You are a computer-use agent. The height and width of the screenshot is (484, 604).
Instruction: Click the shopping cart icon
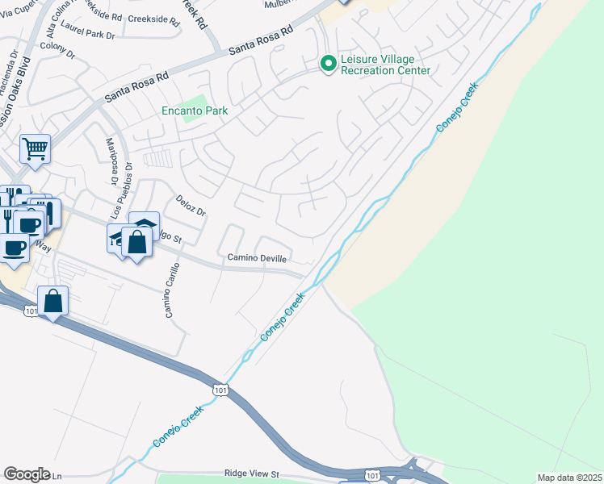click(35, 148)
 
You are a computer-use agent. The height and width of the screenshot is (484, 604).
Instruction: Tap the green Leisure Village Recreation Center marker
click(328, 63)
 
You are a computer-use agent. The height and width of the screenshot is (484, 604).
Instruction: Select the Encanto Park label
click(195, 111)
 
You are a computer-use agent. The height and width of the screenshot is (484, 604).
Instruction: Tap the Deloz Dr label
click(191, 205)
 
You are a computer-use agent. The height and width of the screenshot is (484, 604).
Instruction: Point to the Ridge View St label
click(251, 474)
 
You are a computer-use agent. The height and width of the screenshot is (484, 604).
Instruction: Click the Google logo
click(27, 474)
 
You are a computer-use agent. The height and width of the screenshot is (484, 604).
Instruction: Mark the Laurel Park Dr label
click(91, 35)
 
